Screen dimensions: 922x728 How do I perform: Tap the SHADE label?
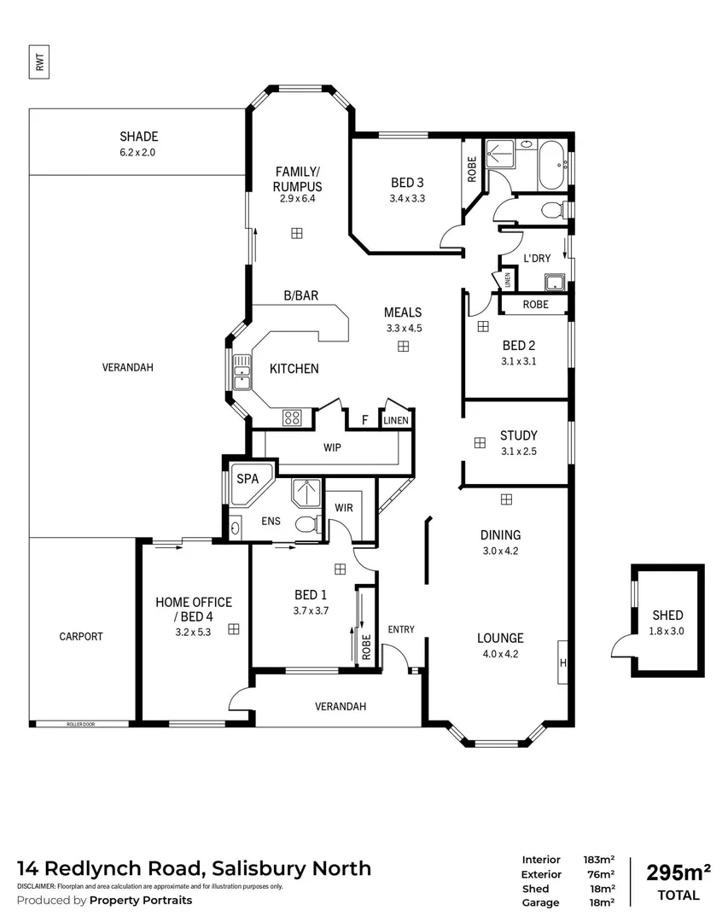coord(138,137)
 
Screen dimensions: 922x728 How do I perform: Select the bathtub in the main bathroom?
coord(550,166)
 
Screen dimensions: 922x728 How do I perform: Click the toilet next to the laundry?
coord(554,209)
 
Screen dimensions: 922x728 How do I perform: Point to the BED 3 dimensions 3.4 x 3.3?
coord(407,198)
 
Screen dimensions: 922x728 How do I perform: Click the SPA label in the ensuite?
coord(248,479)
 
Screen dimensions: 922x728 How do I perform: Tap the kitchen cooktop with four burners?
coord(292,417)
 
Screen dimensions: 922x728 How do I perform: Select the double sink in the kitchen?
coord(242,373)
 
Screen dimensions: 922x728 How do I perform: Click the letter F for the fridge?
coord(364,420)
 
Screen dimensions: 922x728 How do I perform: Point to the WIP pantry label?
coord(332,446)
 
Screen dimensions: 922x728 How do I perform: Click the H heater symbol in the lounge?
coord(562,662)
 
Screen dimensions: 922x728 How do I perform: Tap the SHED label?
coord(667,615)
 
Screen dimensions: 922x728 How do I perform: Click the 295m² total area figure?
coord(678,872)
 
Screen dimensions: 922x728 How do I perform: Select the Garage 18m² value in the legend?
coord(603,902)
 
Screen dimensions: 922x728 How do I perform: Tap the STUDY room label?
coord(518,435)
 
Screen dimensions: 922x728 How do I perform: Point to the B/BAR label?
coord(300,296)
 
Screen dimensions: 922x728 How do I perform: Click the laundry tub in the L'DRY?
coord(555,283)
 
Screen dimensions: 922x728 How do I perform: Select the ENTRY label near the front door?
coord(400,629)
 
